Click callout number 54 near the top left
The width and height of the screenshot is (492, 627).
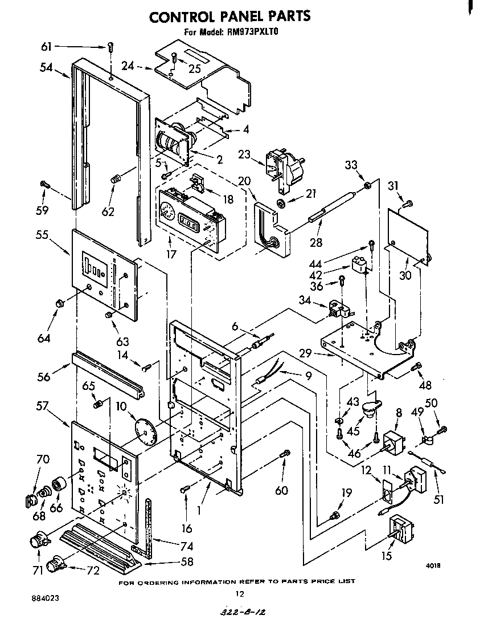pyautogui.click(x=47, y=68)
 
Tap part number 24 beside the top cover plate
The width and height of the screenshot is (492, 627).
pyautogui.click(x=128, y=66)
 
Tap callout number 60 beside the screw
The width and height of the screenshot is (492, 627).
pyautogui.click(x=281, y=491)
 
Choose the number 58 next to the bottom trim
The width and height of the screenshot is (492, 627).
pyautogui.click(x=186, y=561)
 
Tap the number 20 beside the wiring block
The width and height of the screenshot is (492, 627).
pyautogui.click(x=244, y=181)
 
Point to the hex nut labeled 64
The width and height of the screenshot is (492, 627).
pyautogui.click(x=58, y=303)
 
